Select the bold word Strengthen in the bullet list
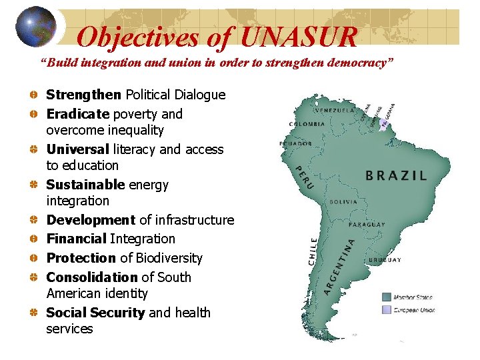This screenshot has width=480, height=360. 84,95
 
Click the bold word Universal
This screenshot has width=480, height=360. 77,149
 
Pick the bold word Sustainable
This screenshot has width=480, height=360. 85,185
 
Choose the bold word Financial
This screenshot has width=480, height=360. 77,239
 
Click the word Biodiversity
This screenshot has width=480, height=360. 169,258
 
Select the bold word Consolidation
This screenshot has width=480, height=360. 91,277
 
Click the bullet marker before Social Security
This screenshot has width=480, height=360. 33,313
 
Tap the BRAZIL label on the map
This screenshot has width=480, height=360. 396,176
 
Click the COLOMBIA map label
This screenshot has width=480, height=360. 307,123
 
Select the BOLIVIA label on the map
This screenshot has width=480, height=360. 343,201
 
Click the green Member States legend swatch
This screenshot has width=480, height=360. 387,297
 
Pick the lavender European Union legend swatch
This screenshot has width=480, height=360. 387,310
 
